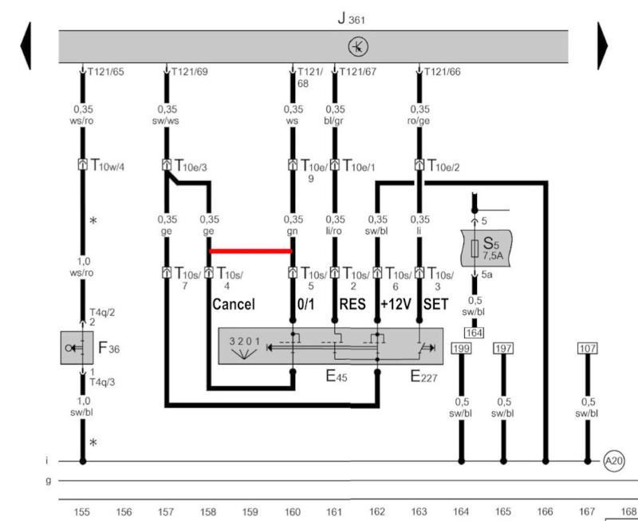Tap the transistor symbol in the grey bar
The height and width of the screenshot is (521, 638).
click(x=358, y=47)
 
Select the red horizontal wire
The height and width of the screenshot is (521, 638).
click(x=250, y=251)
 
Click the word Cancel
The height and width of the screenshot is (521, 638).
click(x=234, y=304)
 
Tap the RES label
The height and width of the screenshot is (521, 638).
click(x=352, y=304)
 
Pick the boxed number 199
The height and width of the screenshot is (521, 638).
click(x=461, y=349)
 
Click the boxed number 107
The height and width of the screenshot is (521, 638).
click(x=589, y=349)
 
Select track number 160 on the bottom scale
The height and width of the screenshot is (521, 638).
click(x=293, y=511)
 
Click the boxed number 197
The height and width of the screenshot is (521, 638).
click(x=503, y=349)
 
